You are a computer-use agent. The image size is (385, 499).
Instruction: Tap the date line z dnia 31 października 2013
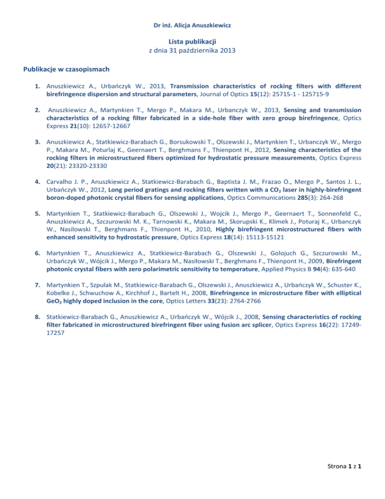click(x=192, y=51)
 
